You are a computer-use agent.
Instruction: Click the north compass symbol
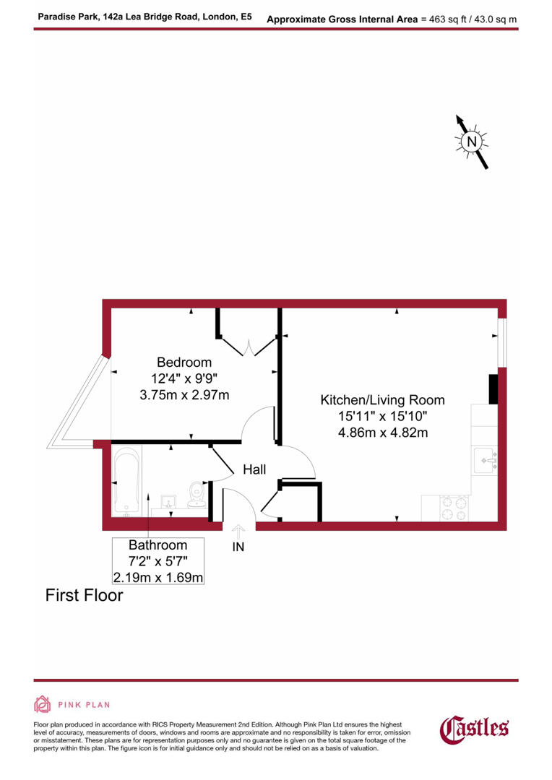coord(472,142)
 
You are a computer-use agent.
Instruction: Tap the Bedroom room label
coord(184,363)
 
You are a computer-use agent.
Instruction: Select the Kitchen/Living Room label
coord(382,400)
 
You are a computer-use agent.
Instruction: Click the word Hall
coord(254,469)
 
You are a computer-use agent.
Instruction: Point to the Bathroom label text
coord(158,545)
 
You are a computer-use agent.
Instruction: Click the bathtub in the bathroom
coord(127,482)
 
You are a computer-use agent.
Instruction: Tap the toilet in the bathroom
coord(195,493)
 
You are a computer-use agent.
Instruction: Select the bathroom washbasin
coord(169,500)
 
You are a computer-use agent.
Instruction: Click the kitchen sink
coord(483,460)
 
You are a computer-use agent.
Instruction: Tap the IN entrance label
coord(238,547)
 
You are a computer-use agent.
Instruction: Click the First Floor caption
coord(84,596)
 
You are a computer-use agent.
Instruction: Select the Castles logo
coord(475,728)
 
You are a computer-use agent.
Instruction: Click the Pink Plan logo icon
coord(43,704)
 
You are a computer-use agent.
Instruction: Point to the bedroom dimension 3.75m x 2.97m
coord(184,394)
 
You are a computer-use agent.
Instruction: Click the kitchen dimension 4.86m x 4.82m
coord(382,433)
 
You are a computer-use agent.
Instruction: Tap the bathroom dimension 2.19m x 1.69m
coord(158,577)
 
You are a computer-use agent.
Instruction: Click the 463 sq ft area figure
coord(449,19)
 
